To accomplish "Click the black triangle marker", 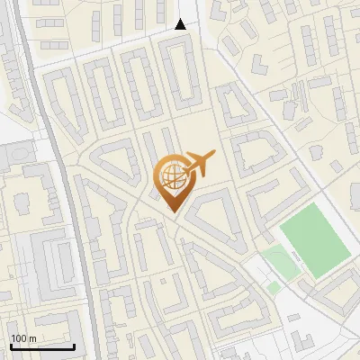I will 181,24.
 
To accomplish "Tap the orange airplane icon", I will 201,162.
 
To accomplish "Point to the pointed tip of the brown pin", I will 170,211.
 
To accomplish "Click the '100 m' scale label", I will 23,338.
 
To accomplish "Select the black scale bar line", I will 42,346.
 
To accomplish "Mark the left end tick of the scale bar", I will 11,345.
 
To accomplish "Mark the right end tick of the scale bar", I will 74,345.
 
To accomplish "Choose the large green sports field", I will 312,238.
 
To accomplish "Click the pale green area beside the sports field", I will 280,265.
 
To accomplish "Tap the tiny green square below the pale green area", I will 274,287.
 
